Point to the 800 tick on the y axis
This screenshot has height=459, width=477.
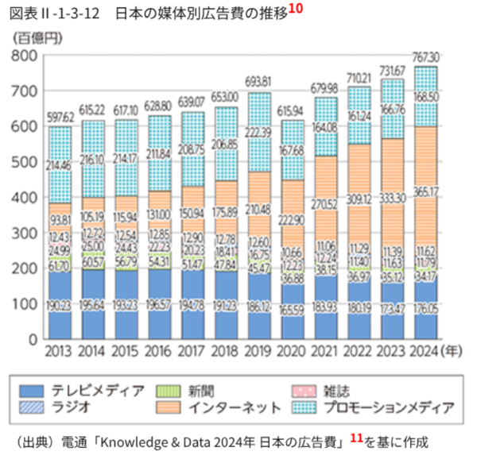[25, 56]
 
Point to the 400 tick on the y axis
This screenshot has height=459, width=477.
[25, 197]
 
